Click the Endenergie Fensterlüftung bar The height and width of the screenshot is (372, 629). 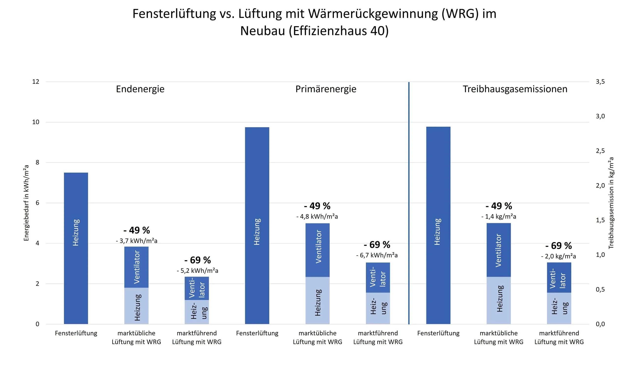(x=76, y=248)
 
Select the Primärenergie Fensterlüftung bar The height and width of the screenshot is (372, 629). (x=257, y=226)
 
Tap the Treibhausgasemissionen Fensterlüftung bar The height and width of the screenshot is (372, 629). (x=438, y=226)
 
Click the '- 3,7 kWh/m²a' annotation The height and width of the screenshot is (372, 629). (x=136, y=241)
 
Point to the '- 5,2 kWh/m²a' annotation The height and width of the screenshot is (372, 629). (x=197, y=271)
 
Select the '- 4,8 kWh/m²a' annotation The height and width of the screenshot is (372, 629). (x=317, y=217)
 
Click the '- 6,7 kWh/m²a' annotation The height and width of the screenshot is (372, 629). (x=377, y=255)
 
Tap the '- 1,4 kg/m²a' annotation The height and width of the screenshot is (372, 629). (x=498, y=217)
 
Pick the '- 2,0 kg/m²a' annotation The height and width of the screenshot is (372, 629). (x=558, y=256)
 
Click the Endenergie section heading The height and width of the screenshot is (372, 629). (x=140, y=89)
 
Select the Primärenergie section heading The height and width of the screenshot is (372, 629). (x=326, y=89)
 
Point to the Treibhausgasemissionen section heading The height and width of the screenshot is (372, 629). (x=515, y=89)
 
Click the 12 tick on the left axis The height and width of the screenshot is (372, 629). (x=36, y=82)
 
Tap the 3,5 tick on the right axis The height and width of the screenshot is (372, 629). (x=600, y=82)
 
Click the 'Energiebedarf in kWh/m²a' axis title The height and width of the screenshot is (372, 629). (x=26, y=203)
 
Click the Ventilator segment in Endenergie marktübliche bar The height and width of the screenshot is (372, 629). (x=136, y=267)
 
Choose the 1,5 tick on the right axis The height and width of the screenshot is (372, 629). (x=600, y=220)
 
